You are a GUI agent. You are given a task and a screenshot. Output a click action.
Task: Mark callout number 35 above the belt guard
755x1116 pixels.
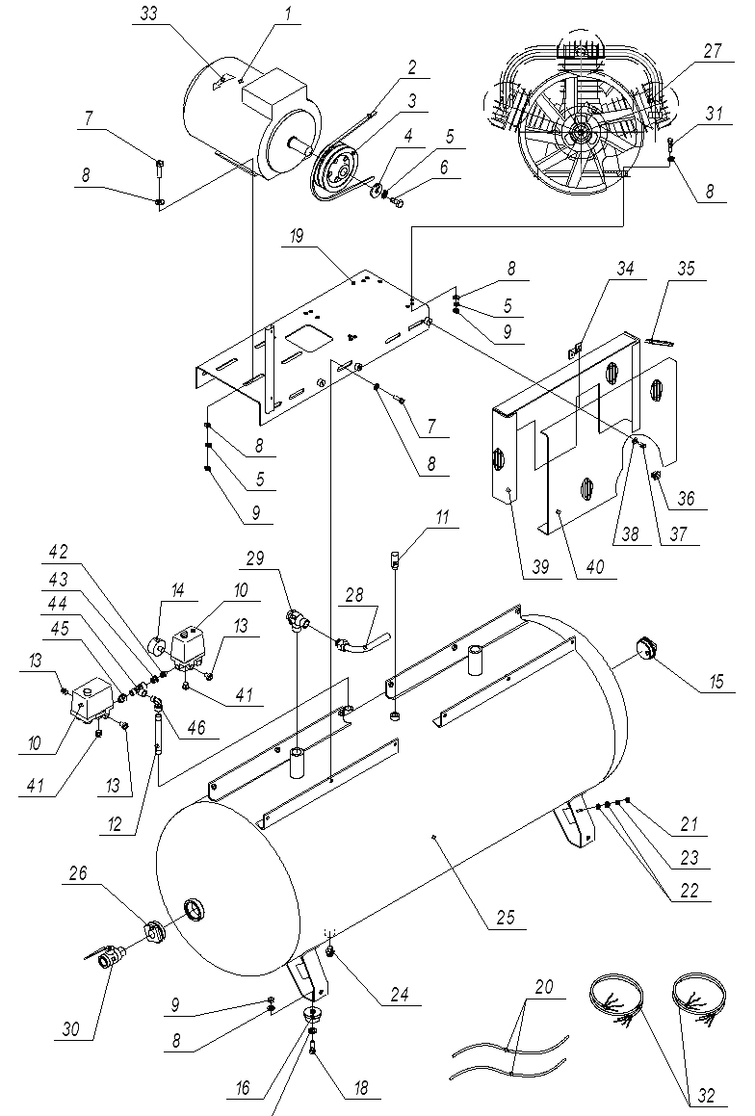click(687, 271)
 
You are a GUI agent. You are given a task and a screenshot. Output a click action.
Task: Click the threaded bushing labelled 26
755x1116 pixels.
click(150, 932)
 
